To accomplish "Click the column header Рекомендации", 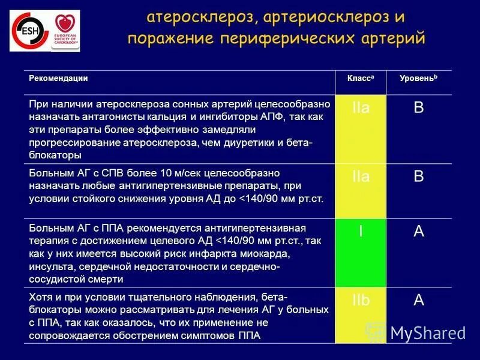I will (x=59, y=78).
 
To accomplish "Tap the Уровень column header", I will (x=418, y=79).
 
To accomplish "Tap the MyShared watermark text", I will (x=427, y=332).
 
